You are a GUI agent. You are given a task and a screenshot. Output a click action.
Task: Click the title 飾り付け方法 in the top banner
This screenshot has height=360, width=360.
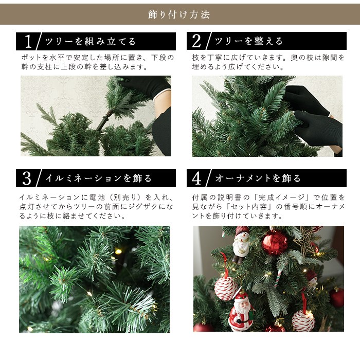(x=179, y=15)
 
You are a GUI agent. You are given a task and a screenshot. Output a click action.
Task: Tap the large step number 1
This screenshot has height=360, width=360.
(x=28, y=42)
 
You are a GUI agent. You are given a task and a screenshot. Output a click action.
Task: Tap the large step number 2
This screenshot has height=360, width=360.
(x=196, y=41)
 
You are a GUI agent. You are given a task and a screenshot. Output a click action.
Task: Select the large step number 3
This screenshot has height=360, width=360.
(x=27, y=178)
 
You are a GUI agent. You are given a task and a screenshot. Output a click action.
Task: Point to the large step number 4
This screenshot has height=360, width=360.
(x=197, y=178)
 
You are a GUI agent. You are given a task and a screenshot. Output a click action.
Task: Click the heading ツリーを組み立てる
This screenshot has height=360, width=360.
(x=91, y=42)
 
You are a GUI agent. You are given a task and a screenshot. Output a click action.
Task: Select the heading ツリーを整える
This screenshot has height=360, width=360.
(x=248, y=41)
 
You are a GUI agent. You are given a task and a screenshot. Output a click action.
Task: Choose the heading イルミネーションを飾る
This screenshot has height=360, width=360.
(x=99, y=178)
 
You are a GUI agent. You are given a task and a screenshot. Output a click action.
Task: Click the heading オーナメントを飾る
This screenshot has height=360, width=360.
(x=258, y=178)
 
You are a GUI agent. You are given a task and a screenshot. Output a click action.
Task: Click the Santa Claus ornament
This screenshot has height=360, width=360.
(x=241, y=311)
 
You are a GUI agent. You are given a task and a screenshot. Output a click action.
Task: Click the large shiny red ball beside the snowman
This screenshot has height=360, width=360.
(x=275, y=243)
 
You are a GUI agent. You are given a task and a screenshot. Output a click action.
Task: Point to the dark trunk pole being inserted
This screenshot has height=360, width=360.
(x=105, y=120)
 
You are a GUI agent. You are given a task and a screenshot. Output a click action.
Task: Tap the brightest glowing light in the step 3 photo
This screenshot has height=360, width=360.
(x=118, y=251)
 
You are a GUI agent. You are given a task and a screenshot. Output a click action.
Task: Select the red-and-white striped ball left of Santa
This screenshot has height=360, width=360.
(x=226, y=289)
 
